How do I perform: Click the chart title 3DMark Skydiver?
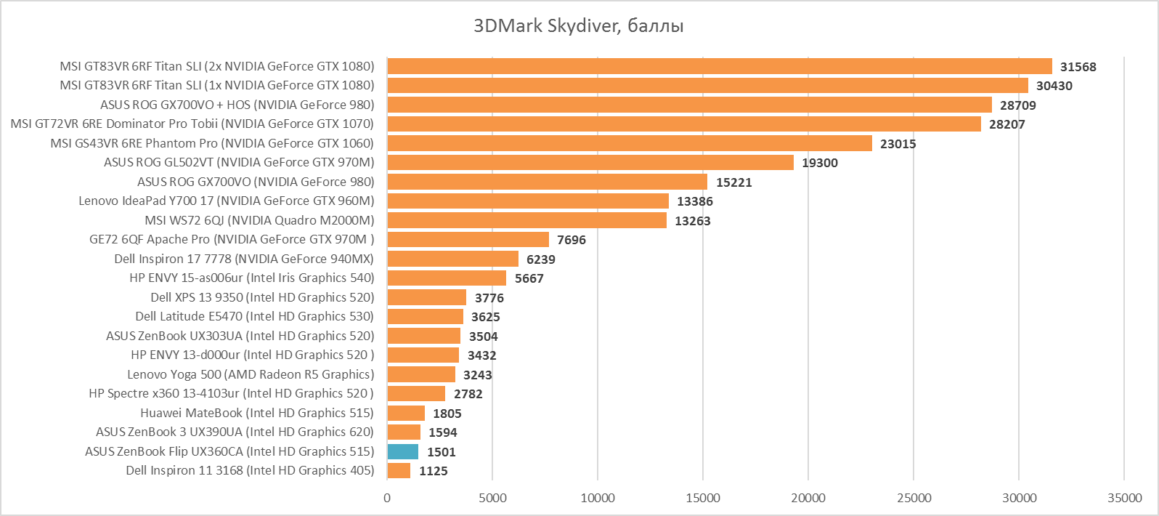click(x=578, y=27)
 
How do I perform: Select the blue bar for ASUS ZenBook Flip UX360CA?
click(x=403, y=451)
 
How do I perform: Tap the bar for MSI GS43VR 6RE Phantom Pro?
click(x=629, y=143)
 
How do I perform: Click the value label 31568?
click(x=1078, y=67)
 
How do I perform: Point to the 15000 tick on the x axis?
click(x=703, y=498)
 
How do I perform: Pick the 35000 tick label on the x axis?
click(x=1124, y=498)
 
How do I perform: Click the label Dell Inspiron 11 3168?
click(x=250, y=470)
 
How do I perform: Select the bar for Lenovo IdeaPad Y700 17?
click(x=528, y=201)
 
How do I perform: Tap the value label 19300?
click(x=819, y=163)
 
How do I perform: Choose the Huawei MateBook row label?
click(x=257, y=413)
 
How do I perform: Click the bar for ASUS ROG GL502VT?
click(x=590, y=162)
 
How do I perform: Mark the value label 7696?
click(x=571, y=240)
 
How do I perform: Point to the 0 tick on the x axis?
click(x=387, y=498)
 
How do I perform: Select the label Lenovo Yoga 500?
click(x=251, y=374)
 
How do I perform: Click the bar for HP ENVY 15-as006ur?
click(x=447, y=278)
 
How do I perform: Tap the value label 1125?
click(x=433, y=471)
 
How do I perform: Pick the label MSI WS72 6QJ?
click(x=259, y=220)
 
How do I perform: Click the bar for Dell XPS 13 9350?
click(x=427, y=297)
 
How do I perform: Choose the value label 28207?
click(x=1006, y=124)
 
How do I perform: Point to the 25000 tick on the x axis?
click(x=914, y=498)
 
